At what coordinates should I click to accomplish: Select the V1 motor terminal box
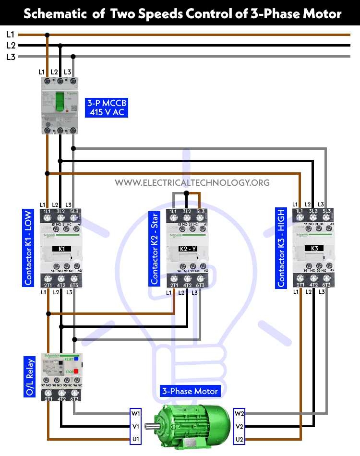(136, 426)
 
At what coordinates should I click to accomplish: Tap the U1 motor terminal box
(136, 439)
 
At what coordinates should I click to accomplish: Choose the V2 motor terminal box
(240, 426)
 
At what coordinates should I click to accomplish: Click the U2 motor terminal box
(240, 439)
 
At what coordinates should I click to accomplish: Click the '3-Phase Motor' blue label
(190, 391)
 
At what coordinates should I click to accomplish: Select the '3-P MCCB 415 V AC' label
(107, 108)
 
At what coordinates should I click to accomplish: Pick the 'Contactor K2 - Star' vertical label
(155, 248)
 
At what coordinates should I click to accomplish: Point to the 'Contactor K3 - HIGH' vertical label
(281, 248)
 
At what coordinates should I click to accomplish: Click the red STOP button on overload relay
(76, 371)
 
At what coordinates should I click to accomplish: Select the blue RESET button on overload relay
(76, 359)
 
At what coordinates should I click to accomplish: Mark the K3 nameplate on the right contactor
(314, 249)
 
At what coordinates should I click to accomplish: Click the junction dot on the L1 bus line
(47, 35)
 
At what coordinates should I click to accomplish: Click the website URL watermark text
(192, 182)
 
